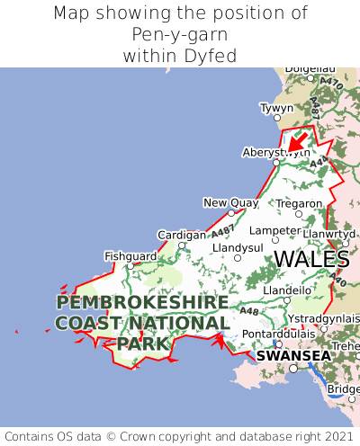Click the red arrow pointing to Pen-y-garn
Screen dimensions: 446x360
tap(296, 142)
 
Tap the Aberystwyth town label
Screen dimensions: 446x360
tap(276, 152)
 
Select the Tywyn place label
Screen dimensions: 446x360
tap(276, 108)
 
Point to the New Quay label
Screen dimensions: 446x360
tap(231, 202)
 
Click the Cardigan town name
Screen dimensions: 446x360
tap(182, 235)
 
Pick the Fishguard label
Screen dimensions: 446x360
tap(130, 255)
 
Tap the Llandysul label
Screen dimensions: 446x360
tap(238, 247)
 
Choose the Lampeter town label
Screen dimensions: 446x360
tap(274, 229)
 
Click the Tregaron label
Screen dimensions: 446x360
tap(299, 204)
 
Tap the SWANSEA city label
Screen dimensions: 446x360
tap(293, 355)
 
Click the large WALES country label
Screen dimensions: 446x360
tap(311, 259)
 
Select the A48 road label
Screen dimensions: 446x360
tap(248, 312)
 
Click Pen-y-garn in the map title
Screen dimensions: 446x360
tap(180, 35)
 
